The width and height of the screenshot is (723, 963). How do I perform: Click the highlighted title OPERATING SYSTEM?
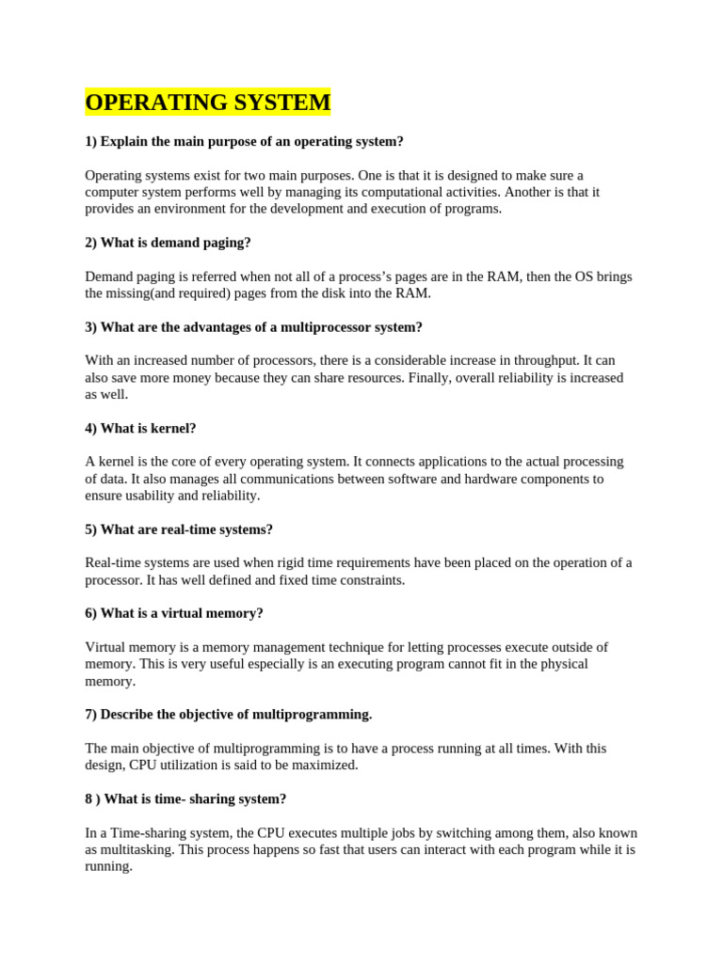pos(207,103)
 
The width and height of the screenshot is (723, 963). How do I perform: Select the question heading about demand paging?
pos(168,243)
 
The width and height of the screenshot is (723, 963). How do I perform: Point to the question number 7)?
pos(91,715)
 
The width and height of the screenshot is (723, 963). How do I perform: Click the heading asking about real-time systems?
pos(179,529)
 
